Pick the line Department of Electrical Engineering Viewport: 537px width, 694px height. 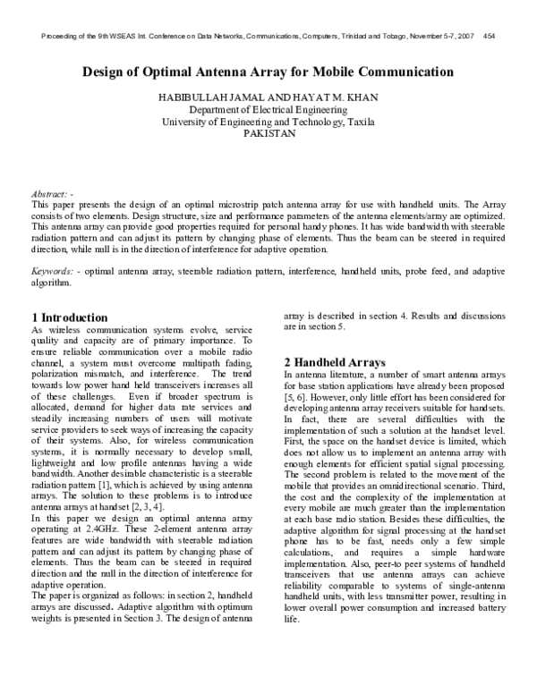coord(268,109)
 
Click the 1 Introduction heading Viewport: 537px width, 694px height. coord(70,317)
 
